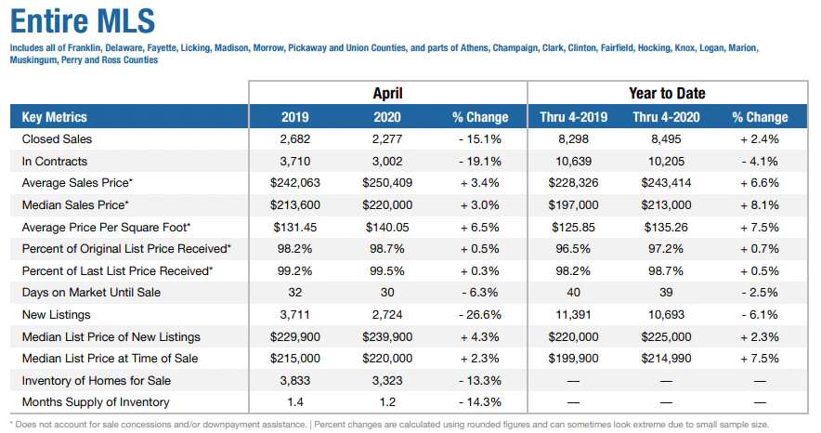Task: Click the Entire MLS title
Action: pos(83,20)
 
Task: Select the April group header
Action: pos(387,93)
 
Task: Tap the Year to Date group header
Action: pos(666,93)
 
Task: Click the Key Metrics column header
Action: pos(55,117)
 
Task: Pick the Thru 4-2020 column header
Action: pos(666,117)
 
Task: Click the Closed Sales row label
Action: pos(57,139)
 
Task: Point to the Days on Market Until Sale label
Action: pos(91,293)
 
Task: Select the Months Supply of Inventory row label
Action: pos(96,402)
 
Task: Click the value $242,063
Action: pos(295,183)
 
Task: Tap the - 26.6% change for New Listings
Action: pos(480,315)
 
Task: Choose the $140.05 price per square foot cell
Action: pos(387,227)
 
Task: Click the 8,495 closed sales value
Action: pos(666,139)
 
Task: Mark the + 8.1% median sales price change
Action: pos(760,205)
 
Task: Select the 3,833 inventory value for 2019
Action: pos(295,381)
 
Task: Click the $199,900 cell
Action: pos(574,359)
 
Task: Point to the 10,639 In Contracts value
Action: pos(574,162)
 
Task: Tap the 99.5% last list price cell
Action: pos(387,270)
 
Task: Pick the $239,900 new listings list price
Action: pos(387,336)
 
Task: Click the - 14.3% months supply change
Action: pos(480,402)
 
